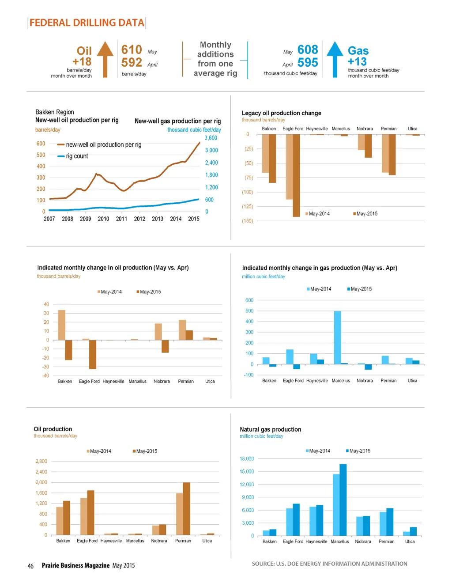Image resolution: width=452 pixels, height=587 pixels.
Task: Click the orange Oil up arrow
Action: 105,59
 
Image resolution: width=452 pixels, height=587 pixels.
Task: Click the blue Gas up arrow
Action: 335,59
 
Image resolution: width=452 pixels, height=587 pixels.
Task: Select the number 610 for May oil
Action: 132,49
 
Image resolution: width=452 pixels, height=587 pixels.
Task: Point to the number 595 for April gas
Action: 308,63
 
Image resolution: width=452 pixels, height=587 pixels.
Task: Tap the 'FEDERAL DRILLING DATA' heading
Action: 87,23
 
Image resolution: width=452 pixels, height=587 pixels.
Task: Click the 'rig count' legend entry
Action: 77,156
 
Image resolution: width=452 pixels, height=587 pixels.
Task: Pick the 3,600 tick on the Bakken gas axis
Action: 211,138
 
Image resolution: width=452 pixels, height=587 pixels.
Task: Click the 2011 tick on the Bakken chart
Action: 121,219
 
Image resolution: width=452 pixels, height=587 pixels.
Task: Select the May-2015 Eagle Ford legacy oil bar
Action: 296,175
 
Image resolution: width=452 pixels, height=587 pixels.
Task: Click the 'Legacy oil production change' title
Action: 281,113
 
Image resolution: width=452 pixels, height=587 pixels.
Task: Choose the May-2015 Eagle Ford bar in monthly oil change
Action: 93,354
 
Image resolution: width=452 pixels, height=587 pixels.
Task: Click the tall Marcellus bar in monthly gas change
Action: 337,337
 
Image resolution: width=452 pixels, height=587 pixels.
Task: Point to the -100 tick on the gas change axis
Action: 249,375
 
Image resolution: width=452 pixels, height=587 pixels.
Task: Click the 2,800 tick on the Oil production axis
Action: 41,461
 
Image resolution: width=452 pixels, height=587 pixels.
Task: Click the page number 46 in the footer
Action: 30,566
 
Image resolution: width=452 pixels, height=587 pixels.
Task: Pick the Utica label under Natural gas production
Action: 410,542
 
